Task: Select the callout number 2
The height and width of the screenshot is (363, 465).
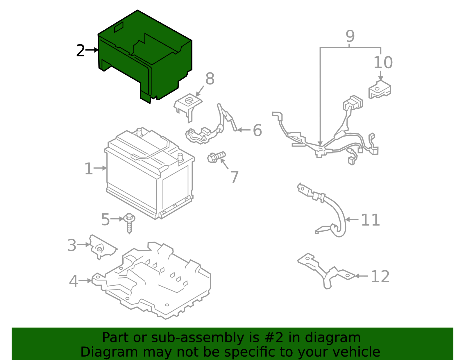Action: pyautogui.click(x=80, y=51)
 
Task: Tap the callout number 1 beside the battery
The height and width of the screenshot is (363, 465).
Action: pyautogui.click(x=88, y=169)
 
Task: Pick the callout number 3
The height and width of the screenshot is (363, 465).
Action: pyautogui.click(x=72, y=245)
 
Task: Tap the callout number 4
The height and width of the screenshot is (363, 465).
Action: pyautogui.click(x=74, y=281)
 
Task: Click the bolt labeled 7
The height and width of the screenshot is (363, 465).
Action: pyautogui.click(x=216, y=157)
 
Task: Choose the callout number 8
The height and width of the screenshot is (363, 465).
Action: pyautogui.click(x=210, y=79)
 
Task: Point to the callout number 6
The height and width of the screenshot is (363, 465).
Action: pyautogui.click(x=257, y=130)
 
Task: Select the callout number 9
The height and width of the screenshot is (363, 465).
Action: pyautogui.click(x=350, y=36)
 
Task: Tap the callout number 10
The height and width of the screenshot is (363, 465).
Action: pyautogui.click(x=383, y=63)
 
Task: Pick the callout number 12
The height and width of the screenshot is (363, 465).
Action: pyautogui.click(x=380, y=276)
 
